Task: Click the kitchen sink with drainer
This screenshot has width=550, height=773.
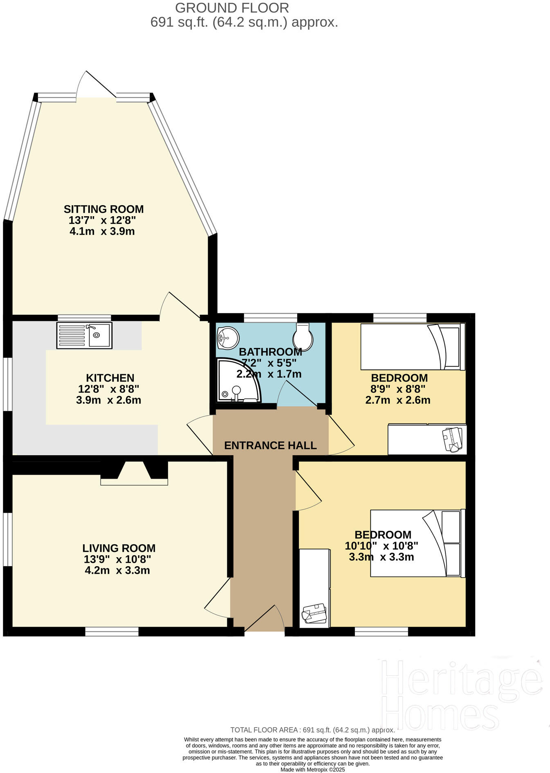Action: click(84, 336)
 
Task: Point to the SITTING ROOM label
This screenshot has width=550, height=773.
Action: click(103, 209)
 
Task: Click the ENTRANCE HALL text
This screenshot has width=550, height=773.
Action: click(270, 445)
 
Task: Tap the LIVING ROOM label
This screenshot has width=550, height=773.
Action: click(119, 548)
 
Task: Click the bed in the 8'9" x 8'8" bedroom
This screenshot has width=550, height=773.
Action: click(412, 347)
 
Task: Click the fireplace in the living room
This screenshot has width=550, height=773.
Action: click(134, 474)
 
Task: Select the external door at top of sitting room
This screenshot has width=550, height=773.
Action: click(97, 86)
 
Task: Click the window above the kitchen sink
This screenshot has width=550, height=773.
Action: click(84, 318)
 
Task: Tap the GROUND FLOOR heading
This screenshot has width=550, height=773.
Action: click(232, 8)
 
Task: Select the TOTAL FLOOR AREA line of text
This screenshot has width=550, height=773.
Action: click(312, 730)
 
